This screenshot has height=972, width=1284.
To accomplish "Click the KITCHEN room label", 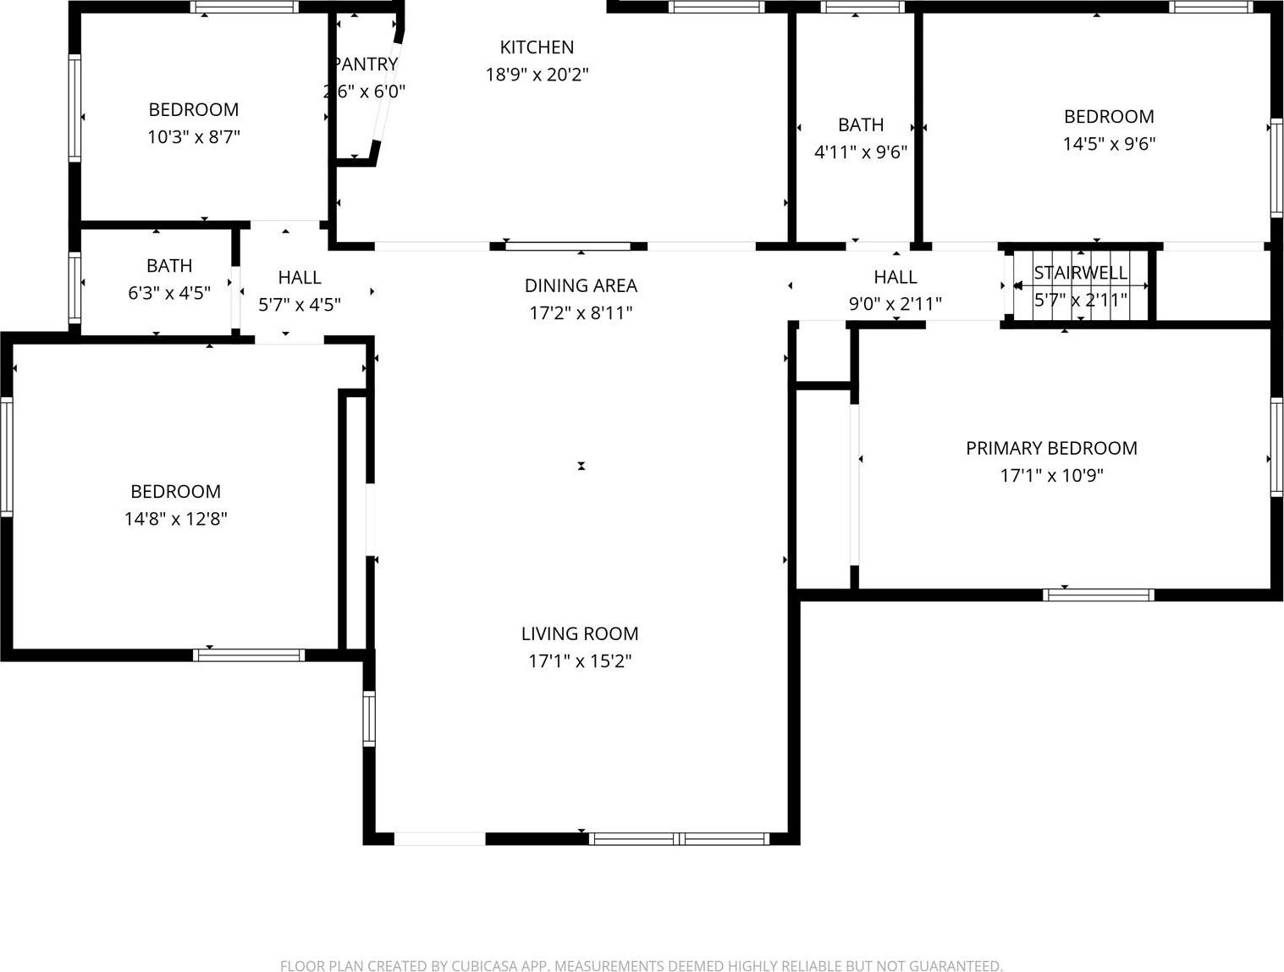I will tap(537, 47).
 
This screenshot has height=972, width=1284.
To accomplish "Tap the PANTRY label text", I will tap(366, 64).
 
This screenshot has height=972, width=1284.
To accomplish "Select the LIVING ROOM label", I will tap(580, 633).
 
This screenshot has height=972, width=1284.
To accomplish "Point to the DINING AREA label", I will tap(581, 285).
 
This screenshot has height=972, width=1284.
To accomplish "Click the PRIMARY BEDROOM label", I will tap(1051, 448).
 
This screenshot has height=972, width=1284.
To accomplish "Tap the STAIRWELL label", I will tap(1080, 273).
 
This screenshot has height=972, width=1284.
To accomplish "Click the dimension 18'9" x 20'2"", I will tap(537, 75).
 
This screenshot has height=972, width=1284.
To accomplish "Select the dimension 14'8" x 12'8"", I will tap(176, 519).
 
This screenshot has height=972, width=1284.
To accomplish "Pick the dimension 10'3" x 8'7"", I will tap(194, 136).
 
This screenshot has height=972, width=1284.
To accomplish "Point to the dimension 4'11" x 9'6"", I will tap(861, 152).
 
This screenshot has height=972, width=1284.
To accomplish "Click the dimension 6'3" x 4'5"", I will tap(169, 293).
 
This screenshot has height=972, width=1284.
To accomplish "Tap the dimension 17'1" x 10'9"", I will tap(1051, 475).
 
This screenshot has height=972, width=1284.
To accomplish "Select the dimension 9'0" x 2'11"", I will tap(895, 304).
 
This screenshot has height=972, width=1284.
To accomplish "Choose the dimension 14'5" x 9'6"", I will tap(1109, 143).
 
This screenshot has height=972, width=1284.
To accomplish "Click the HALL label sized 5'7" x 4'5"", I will tap(300, 278).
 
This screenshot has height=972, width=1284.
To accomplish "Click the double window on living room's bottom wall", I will tap(679, 839).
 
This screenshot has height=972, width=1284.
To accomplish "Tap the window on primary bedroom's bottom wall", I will tap(1099, 594).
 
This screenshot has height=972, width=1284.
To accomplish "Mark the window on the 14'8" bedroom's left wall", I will tap(6, 457).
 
